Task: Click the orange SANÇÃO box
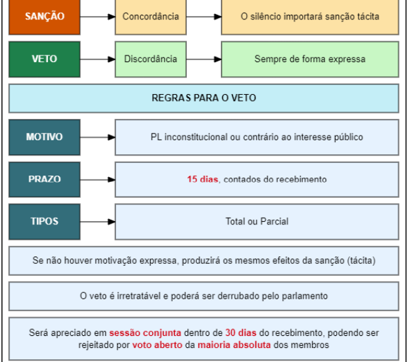pos(45,17)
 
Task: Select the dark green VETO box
pos(45,59)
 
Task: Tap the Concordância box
pos(151,17)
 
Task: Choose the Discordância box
pos(151,59)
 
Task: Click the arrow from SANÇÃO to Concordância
pos(97,17)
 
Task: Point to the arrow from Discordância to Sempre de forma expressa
pos(203,59)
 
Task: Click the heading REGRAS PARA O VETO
pos(203,98)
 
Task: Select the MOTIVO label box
pos(45,137)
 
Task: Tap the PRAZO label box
pos(45,180)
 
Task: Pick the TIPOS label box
pos(45,222)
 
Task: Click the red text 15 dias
pos(202,179)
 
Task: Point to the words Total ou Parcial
pos(257,222)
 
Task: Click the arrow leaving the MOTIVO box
pos(97,137)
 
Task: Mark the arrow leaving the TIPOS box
pos(97,222)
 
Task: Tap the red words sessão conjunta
pos(145,333)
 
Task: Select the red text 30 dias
pos(241,333)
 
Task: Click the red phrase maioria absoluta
pos(234,345)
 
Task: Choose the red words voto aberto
pos(157,345)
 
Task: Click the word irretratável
pos(138,296)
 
